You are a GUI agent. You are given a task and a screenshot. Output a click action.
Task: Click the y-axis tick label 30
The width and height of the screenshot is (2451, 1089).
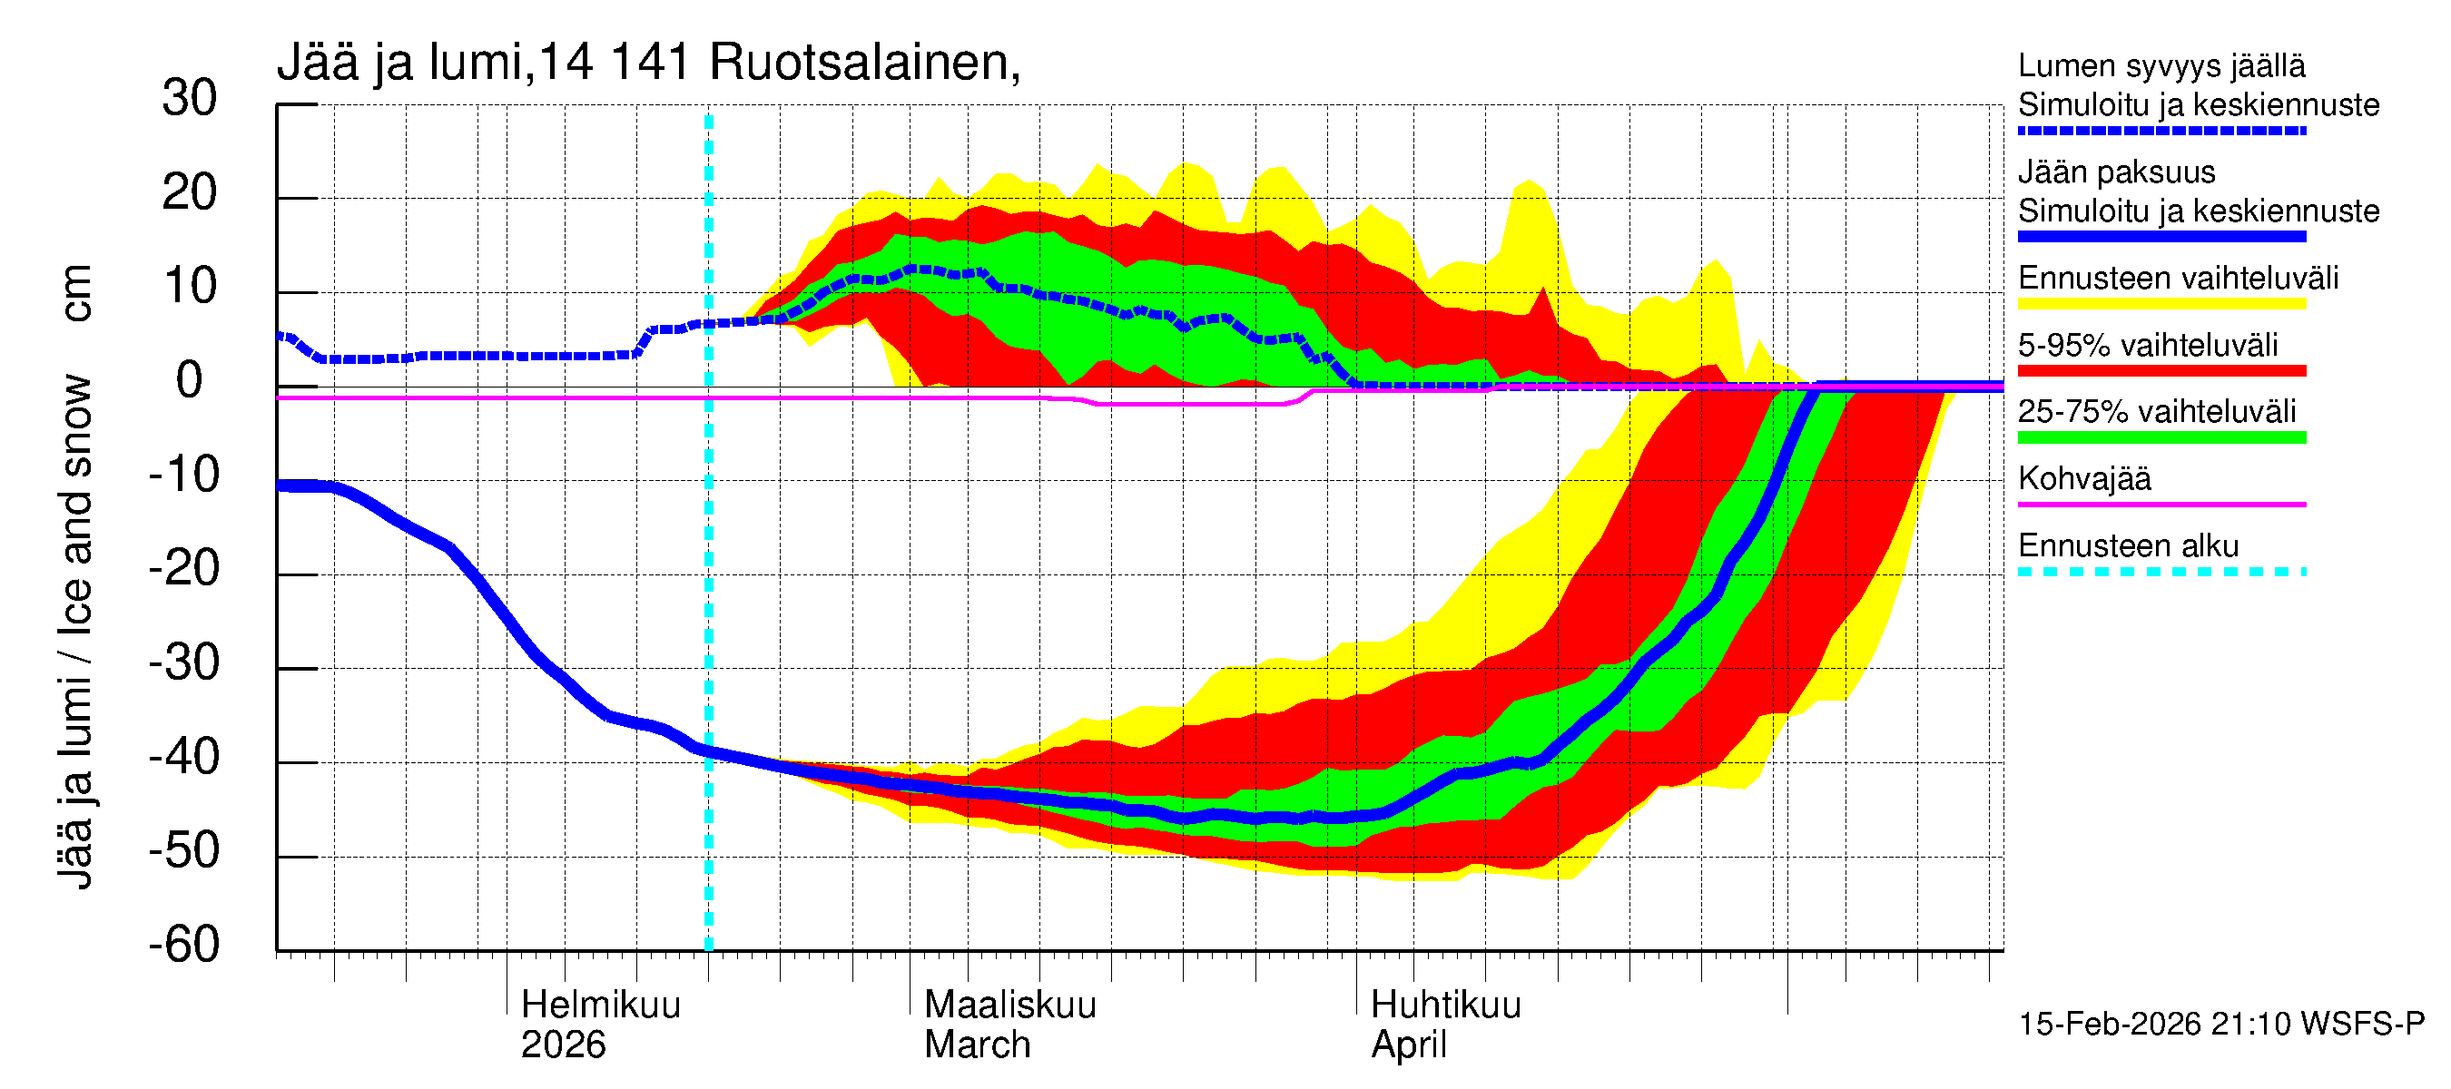coord(190,99)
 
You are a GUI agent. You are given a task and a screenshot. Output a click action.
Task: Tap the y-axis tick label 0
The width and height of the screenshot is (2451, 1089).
coord(190,381)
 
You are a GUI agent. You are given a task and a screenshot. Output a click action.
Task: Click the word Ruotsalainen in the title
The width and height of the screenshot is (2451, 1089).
coord(864,63)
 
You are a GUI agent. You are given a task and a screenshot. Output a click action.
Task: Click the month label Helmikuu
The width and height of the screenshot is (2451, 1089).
coord(600,1006)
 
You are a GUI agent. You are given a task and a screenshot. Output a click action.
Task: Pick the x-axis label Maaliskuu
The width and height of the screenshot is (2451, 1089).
coord(1009,1006)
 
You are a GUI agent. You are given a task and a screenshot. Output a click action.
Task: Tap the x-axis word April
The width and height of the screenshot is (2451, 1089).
coord(1408,1045)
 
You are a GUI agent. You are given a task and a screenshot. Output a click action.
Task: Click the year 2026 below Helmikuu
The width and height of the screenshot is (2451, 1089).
coord(562,1045)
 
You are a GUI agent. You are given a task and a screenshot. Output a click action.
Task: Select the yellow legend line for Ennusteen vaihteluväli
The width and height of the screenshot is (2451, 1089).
coord(2161,304)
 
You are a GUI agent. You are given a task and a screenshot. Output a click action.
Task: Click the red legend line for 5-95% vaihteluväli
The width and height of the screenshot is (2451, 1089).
coord(2161,371)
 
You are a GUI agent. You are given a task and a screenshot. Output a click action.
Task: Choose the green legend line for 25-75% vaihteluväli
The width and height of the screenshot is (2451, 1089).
coord(2161,437)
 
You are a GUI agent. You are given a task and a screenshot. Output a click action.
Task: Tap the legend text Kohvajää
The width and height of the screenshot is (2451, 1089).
coord(2083,478)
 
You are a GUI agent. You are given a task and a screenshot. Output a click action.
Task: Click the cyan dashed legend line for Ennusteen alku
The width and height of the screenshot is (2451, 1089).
coord(2161,572)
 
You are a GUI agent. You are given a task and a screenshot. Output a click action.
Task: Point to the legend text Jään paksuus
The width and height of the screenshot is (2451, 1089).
coord(2116,172)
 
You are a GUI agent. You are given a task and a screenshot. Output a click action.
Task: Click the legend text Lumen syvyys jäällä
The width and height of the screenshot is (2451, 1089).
coord(2161,65)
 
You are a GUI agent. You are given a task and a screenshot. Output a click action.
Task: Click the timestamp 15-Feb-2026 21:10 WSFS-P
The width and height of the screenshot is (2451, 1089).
coord(2220,1025)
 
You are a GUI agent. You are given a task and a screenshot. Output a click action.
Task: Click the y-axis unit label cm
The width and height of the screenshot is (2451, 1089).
coord(75,293)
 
